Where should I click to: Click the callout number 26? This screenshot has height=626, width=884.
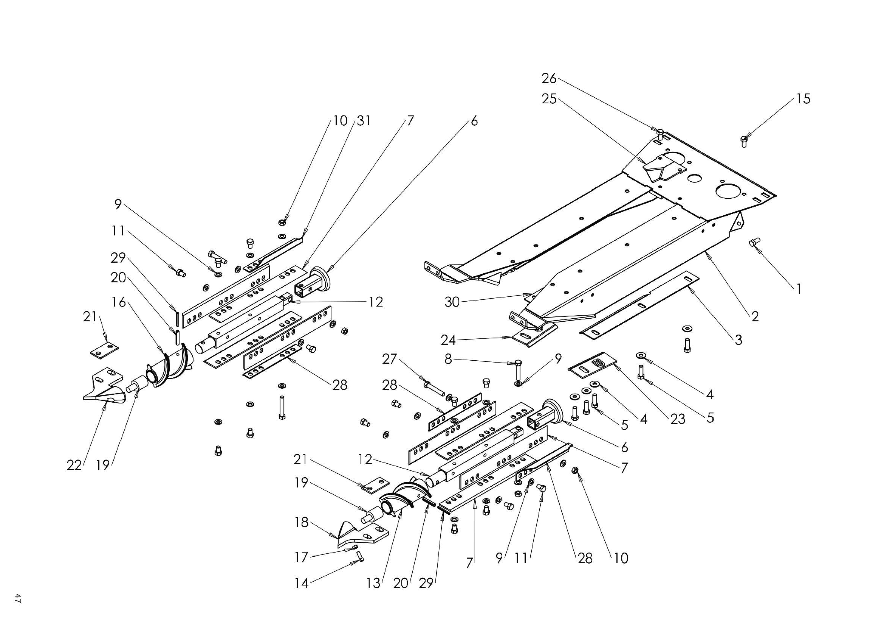549,79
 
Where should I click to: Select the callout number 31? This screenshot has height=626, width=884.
364,121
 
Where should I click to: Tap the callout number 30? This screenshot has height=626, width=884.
452,302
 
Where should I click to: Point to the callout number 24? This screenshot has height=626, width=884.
448,340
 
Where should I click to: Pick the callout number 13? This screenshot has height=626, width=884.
373,583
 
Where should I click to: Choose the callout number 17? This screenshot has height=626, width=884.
302,557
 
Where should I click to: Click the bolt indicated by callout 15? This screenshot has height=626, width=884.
744,141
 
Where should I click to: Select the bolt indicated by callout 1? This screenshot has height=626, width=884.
754,243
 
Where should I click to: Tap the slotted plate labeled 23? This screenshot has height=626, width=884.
592,364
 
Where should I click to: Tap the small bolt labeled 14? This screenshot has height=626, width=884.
360,557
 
